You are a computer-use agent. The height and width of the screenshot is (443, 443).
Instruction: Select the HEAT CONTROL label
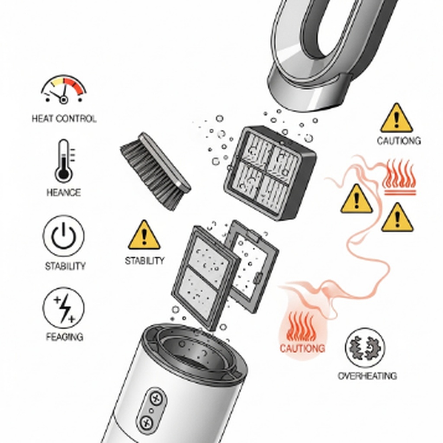[x=64, y=119]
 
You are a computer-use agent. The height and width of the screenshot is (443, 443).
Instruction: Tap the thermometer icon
[x=64, y=161]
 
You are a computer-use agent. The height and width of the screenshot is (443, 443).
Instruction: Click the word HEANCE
[x=64, y=193]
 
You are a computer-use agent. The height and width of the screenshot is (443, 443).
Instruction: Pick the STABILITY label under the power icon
[x=65, y=266]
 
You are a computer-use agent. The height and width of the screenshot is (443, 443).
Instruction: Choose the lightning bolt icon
[x=64, y=308]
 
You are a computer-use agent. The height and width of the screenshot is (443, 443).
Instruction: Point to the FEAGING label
[x=65, y=337]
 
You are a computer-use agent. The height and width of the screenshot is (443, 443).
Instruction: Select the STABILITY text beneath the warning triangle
[x=144, y=260]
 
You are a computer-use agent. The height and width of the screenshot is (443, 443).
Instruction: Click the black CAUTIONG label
[x=399, y=141]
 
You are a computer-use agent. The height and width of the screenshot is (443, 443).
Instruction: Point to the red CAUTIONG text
[x=302, y=348]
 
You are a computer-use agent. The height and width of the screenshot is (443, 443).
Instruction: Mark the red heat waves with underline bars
[x=399, y=177]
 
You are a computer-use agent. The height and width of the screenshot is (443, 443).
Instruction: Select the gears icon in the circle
[x=365, y=347]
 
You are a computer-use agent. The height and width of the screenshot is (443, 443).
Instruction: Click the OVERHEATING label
[x=367, y=376]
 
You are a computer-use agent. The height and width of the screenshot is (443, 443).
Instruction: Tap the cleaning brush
[x=156, y=171]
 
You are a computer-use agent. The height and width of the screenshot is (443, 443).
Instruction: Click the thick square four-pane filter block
[x=270, y=173]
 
